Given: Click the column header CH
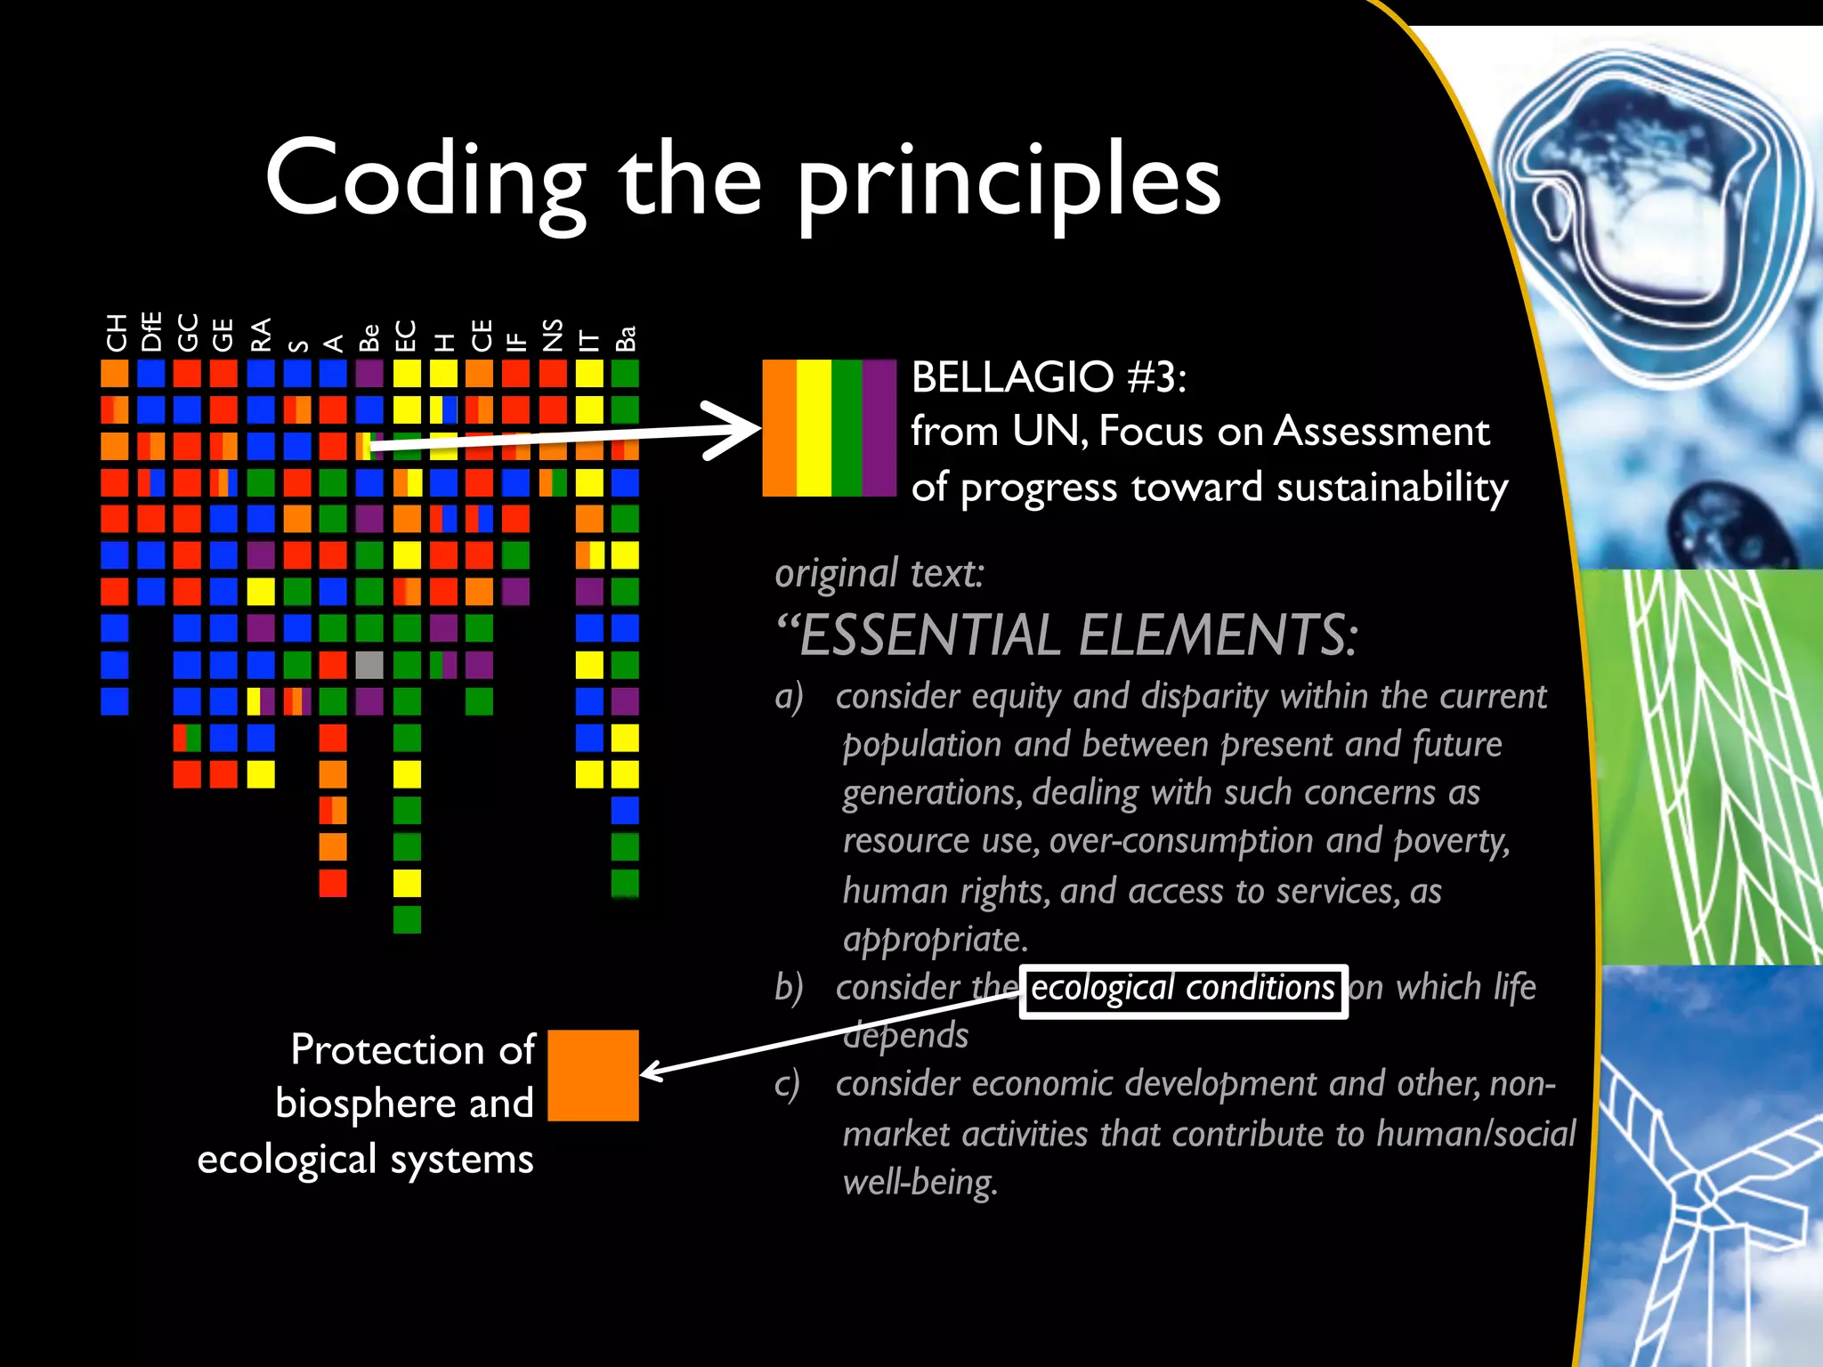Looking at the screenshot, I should click(x=116, y=333).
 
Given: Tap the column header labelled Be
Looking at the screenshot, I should click(x=369, y=337).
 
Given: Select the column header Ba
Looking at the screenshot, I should click(x=626, y=338).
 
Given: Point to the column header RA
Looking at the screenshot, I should click(x=261, y=335).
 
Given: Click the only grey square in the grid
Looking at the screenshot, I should click(x=369, y=665).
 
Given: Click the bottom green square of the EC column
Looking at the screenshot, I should click(x=407, y=919).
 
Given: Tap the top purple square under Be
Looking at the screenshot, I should click(x=369, y=373).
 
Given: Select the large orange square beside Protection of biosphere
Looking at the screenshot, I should click(x=593, y=1075).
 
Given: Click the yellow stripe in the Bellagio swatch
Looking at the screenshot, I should click(x=814, y=427).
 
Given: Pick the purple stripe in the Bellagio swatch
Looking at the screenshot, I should click(x=879, y=427).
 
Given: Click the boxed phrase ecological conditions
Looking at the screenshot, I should click(x=1182, y=990).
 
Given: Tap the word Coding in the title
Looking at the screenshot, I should click(x=425, y=181).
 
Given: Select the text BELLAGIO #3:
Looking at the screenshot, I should click(x=1049, y=377).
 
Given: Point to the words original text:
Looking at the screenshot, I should click(x=879, y=573).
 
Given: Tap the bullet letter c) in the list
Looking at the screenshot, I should click(x=788, y=1084).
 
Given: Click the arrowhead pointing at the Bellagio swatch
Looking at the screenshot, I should click(x=739, y=430).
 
